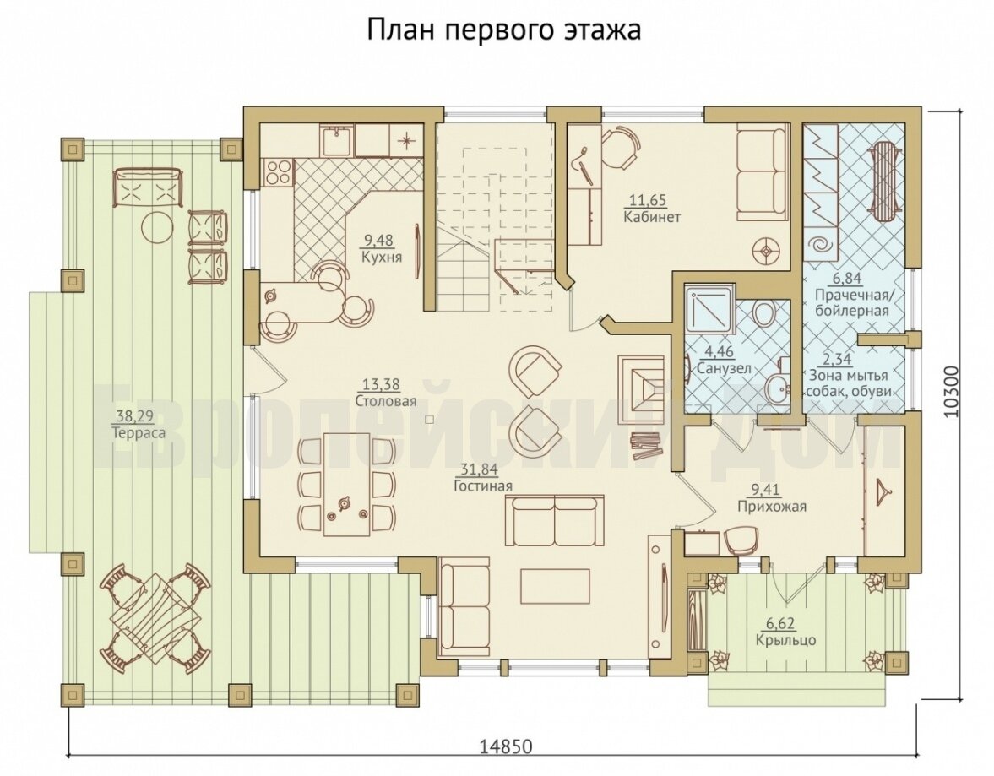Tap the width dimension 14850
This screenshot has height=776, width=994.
[505, 746]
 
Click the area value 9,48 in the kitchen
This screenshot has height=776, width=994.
[378, 241]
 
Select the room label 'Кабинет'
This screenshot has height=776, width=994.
[652, 218]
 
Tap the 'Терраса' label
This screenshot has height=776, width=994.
[139, 434]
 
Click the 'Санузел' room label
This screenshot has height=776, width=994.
[723, 368]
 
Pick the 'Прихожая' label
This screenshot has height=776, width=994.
[772, 507]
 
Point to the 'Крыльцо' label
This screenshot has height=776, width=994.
[785, 640]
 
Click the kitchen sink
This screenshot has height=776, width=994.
[337, 141]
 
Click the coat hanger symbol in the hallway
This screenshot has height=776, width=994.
[881, 489]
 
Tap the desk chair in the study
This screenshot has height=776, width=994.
[617, 147]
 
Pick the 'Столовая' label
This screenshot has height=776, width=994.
[385, 401]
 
